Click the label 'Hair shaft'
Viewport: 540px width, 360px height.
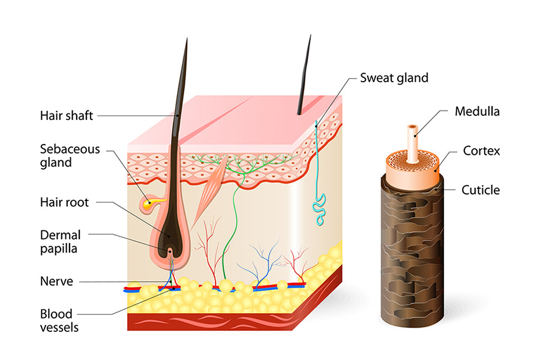click(x=67, y=115)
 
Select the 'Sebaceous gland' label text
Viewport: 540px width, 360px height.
click(x=70, y=155)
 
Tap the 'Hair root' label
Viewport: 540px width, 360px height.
click(x=64, y=203)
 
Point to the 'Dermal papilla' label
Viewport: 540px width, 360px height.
click(x=60, y=241)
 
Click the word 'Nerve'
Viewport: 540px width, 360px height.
click(x=56, y=281)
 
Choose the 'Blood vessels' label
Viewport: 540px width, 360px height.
click(x=59, y=320)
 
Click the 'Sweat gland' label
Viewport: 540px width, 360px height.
click(x=394, y=77)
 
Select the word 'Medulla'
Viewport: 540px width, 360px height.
click(x=477, y=111)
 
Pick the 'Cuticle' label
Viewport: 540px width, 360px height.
click(x=480, y=190)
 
